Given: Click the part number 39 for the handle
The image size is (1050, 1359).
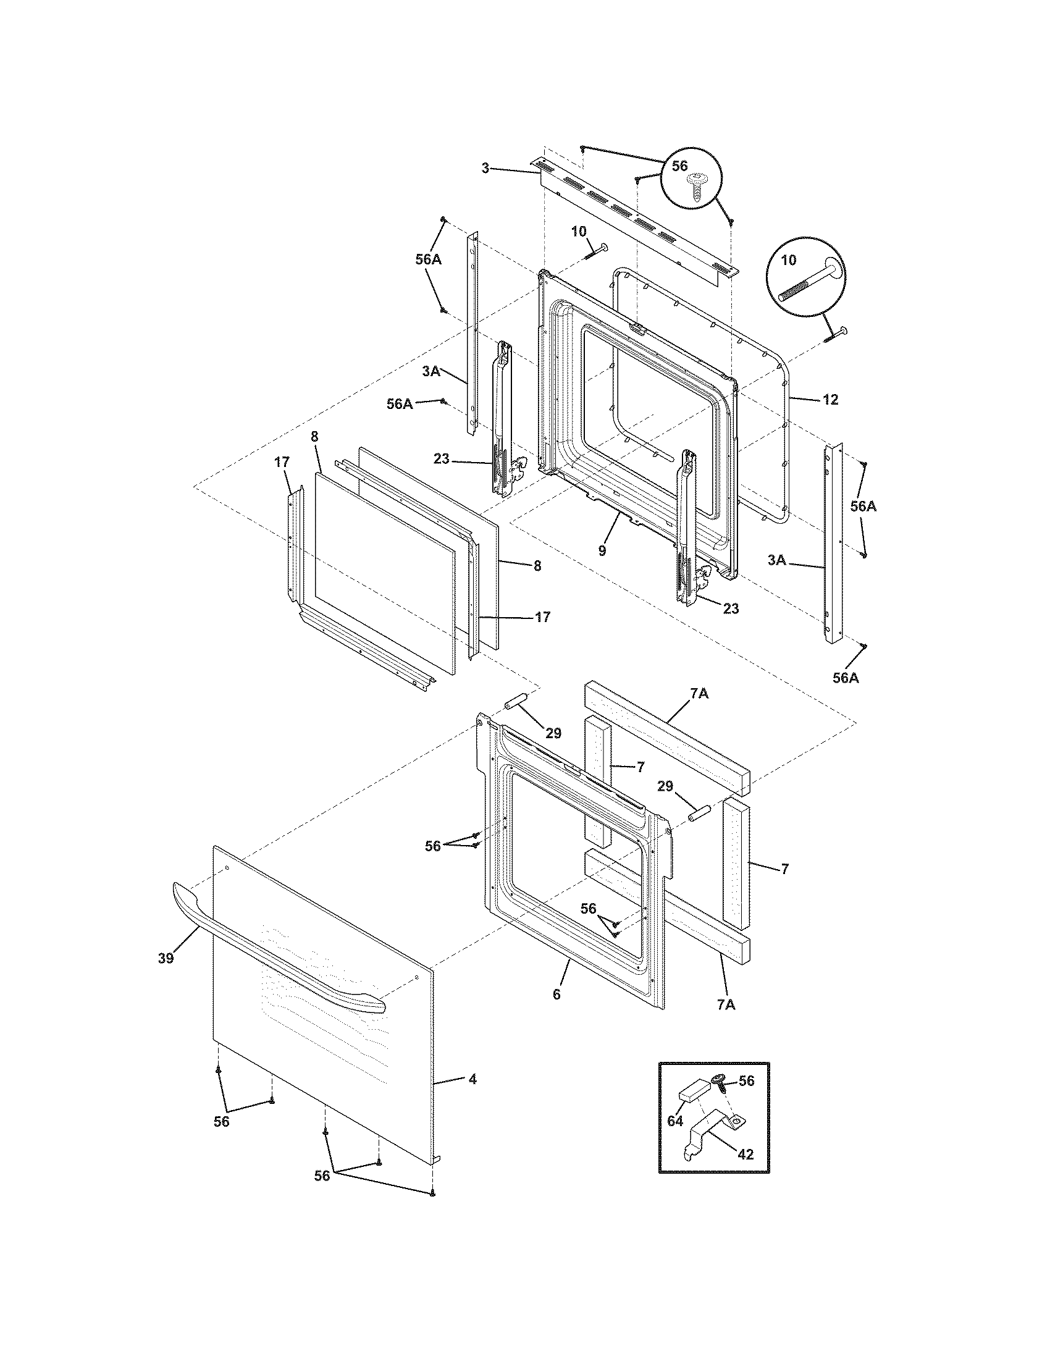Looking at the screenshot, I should (x=165, y=958).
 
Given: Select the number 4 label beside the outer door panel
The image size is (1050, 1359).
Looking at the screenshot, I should (x=472, y=1080).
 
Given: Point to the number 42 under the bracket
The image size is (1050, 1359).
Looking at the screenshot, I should (x=745, y=1155).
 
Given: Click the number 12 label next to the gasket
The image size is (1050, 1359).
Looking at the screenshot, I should (x=830, y=400).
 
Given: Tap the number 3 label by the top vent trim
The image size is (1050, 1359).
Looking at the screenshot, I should (x=486, y=168).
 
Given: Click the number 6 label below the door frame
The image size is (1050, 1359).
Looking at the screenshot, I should (x=556, y=995).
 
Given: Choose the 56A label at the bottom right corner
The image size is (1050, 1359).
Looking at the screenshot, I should (x=846, y=678).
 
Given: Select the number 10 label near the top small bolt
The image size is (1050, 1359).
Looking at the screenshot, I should (x=579, y=232).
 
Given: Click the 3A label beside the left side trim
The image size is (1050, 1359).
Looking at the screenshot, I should (x=431, y=371).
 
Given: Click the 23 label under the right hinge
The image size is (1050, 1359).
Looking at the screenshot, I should (x=731, y=608).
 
